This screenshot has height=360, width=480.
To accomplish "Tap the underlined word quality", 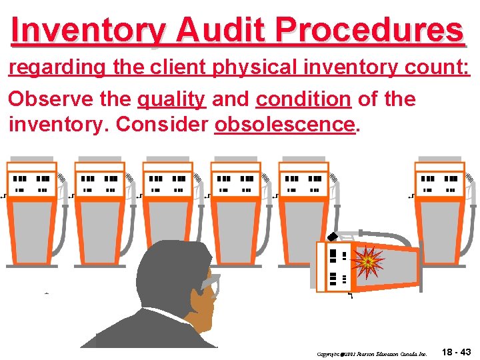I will (x=171, y=100).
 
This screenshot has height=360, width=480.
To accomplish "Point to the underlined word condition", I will (x=303, y=100).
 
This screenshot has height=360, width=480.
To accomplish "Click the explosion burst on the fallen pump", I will (x=367, y=262).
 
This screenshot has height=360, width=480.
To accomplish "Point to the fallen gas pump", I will (x=367, y=265).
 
